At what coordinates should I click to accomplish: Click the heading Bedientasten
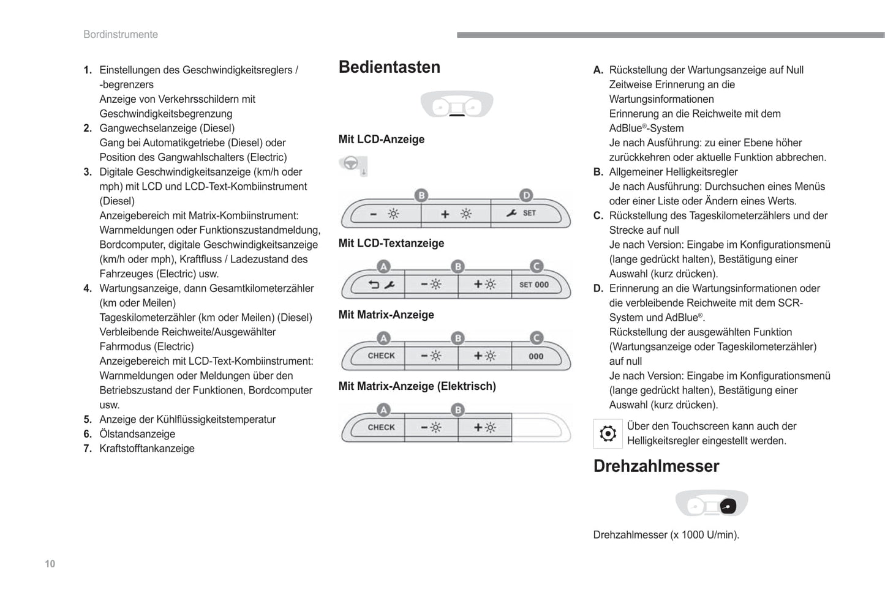click(x=389, y=67)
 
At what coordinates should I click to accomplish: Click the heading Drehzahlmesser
click(x=656, y=466)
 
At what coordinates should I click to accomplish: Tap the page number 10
click(x=50, y=564)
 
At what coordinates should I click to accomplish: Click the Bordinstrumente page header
click(x=121, y=35)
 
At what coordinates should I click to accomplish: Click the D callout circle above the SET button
click(x=526, y=195)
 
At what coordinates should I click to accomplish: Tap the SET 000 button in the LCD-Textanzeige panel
click(x=535, y=285)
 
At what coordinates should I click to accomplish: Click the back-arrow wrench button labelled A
click(x=381, y=285)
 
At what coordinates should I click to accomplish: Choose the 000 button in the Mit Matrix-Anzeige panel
click(x=536, y=356)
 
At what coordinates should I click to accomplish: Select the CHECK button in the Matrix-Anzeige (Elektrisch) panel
click(x=381, y=427)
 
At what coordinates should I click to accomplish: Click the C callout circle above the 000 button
click(x=537, y=338)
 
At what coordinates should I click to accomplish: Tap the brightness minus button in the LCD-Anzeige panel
click(x=385, y=214)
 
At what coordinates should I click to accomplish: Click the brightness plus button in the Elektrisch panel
click(x=484, y=427)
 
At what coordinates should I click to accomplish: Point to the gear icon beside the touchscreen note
click(x=608, y=434)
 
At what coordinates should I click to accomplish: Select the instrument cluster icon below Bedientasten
click(x=457, y=104)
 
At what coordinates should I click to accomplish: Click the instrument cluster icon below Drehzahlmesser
click(x=712, y=504)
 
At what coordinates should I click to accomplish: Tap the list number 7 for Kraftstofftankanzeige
click(x=88, y=449)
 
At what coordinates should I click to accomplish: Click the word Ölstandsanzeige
click(x=137, y=434)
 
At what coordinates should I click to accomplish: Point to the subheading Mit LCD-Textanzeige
click(x=391, y=243)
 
